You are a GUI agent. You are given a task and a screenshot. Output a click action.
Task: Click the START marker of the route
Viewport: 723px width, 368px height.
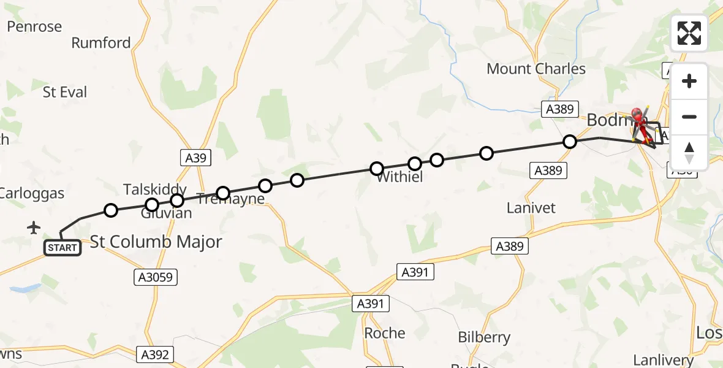pos(62,248)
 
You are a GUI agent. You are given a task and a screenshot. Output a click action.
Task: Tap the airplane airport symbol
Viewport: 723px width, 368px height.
pos(34,228)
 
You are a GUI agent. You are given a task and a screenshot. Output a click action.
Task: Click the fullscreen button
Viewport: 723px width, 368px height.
pos(689,33)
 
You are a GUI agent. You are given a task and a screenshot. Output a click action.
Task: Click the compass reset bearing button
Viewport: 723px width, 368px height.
pos(689,153)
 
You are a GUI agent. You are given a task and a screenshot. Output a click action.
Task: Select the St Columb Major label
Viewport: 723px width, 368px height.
pos(156,242)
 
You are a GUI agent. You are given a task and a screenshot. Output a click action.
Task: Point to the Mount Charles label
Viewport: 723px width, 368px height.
pos(536,69)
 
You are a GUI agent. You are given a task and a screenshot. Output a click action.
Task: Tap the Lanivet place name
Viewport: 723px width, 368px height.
pos(531,208)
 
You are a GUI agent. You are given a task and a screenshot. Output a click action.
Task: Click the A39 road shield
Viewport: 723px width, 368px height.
pos(195,158)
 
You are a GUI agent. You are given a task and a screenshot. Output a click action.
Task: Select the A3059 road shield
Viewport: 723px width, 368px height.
pos(156,277)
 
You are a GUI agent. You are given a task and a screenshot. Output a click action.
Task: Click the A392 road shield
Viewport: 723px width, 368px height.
pos(156,355)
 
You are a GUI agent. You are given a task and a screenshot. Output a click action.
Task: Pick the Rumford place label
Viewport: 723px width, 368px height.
pos(101,43)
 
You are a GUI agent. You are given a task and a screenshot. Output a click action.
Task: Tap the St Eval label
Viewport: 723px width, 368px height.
pos(65,93)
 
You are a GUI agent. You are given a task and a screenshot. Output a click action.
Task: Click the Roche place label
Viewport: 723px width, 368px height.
pos(385,333)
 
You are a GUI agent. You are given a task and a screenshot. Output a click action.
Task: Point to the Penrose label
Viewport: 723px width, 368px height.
pos(34,27)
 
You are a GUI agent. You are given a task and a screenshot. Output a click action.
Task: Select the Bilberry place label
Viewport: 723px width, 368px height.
pos(484,337)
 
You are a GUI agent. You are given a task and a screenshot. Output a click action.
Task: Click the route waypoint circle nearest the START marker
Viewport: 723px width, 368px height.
pos(110,211)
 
